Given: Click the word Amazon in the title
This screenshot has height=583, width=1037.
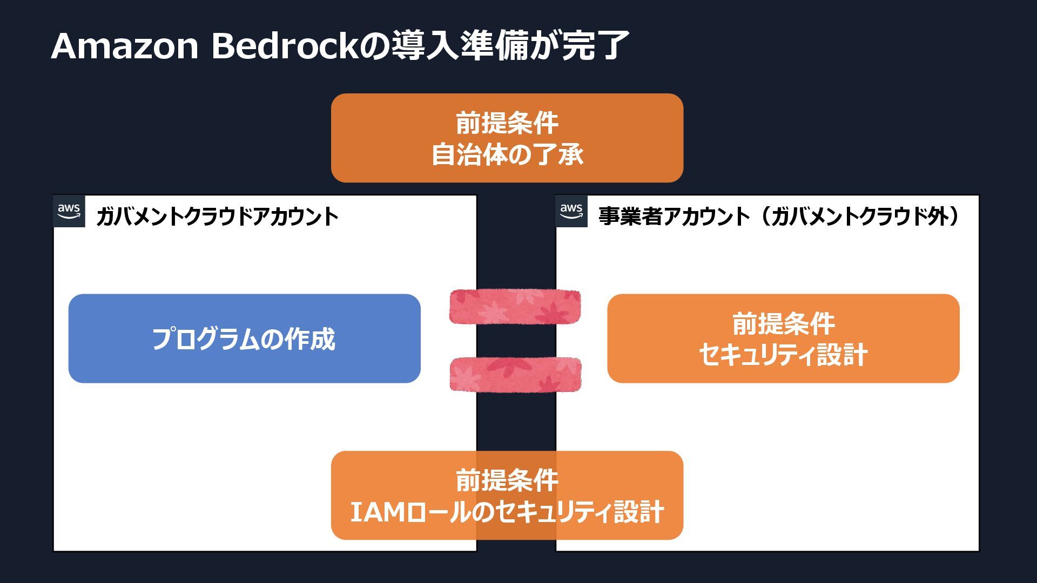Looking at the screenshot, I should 125,46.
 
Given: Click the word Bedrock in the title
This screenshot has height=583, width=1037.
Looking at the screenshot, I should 285,46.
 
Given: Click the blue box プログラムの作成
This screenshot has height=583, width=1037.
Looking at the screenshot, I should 244,338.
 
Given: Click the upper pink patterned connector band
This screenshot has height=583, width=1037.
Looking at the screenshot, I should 515,307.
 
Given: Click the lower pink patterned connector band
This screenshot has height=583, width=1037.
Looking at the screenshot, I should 515,374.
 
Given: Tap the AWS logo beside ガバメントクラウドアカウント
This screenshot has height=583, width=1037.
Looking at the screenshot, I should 69,211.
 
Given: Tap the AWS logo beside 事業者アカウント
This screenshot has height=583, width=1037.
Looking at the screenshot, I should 571,211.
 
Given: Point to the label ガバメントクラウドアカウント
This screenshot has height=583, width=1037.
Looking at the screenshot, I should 217,217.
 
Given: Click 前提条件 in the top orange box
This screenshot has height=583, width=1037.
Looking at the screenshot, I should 507,123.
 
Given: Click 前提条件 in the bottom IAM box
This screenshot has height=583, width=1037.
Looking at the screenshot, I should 507,480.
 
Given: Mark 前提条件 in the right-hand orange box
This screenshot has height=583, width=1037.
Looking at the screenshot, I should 783,323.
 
